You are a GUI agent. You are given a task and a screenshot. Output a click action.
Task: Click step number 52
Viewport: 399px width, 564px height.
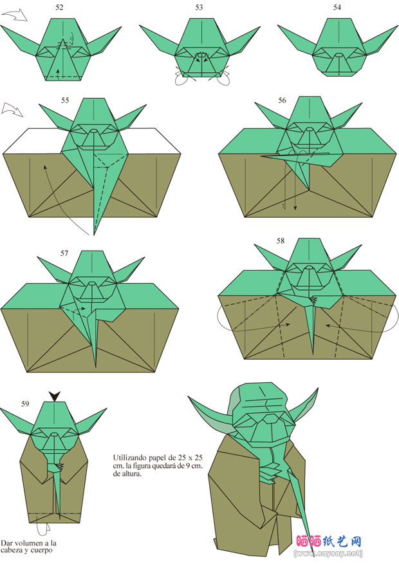pyautogui.click(x=59, y=8)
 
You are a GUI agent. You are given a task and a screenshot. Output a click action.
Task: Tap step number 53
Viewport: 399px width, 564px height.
pyautogui.click(x=199, y=8)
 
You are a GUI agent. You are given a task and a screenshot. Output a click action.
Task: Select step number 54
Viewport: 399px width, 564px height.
pyautogui.click(x=337, y=8)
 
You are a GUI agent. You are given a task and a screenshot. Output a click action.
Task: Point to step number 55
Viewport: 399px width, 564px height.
pyautogui.click(x=65, y=101)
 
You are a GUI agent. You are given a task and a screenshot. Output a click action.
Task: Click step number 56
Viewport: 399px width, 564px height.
pyautogui.click(x=283, y=101)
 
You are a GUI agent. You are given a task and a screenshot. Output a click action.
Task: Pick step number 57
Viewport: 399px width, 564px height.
pyautogui.click(x=64, y=253)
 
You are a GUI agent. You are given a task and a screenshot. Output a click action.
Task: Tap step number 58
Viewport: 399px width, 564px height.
pyautogui.click(x=281, y=240)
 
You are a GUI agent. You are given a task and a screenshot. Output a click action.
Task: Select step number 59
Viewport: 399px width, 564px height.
pyautogui.click(x=25, y=404)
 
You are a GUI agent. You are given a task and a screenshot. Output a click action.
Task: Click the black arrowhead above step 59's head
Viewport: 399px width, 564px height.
pyautogui.click(x=55, y=396)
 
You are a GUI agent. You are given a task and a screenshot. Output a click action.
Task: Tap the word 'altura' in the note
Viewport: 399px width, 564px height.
pyautogui.click(x=132, y=474)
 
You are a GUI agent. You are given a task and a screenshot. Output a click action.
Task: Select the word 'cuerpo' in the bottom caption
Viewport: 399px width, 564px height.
pyautogui.click(x=42, y=550)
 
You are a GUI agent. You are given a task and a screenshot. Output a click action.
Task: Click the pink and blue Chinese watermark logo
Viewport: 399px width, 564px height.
pyautogui.click(x=329, y=541)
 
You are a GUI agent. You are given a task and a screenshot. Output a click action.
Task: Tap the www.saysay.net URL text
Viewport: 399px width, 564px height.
pyautogui.click(x=328, y=553)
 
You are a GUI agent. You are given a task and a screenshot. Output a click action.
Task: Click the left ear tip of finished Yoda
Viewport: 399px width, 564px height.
pyautogui.click(x=189, y=397)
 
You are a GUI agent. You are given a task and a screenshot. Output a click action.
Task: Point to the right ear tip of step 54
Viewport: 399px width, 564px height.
pyautogui.click(x=398, y=26)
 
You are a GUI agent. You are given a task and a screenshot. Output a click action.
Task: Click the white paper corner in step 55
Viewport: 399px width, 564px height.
pyautogui.click(x=21, y=141)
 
